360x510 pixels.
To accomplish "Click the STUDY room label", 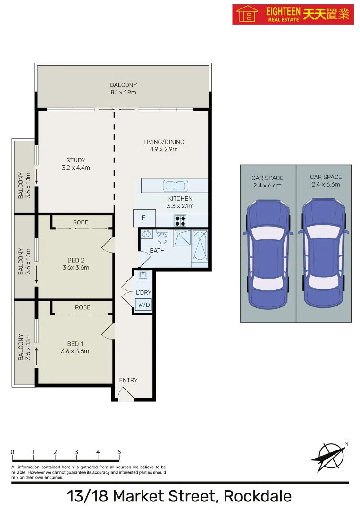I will (76, 161).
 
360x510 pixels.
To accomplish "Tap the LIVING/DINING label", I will (164, 142).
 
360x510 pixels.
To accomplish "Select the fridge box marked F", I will (144, 218).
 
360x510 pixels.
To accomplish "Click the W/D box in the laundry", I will (143, 305).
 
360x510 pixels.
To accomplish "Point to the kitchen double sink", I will (175, 185).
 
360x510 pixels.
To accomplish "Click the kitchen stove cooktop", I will (180, 221).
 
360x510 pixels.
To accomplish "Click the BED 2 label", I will (75, 260).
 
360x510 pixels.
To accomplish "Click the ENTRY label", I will (128, 380).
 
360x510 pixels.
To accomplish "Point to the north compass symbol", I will (328, 454).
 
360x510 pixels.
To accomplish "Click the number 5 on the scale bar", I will (119, 452).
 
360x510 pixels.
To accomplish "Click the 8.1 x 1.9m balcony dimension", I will (123, 93).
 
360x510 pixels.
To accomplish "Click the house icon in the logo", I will (246, 14).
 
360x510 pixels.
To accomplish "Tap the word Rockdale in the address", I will (258, 496).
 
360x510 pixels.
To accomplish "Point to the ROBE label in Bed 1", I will (83, 307).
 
